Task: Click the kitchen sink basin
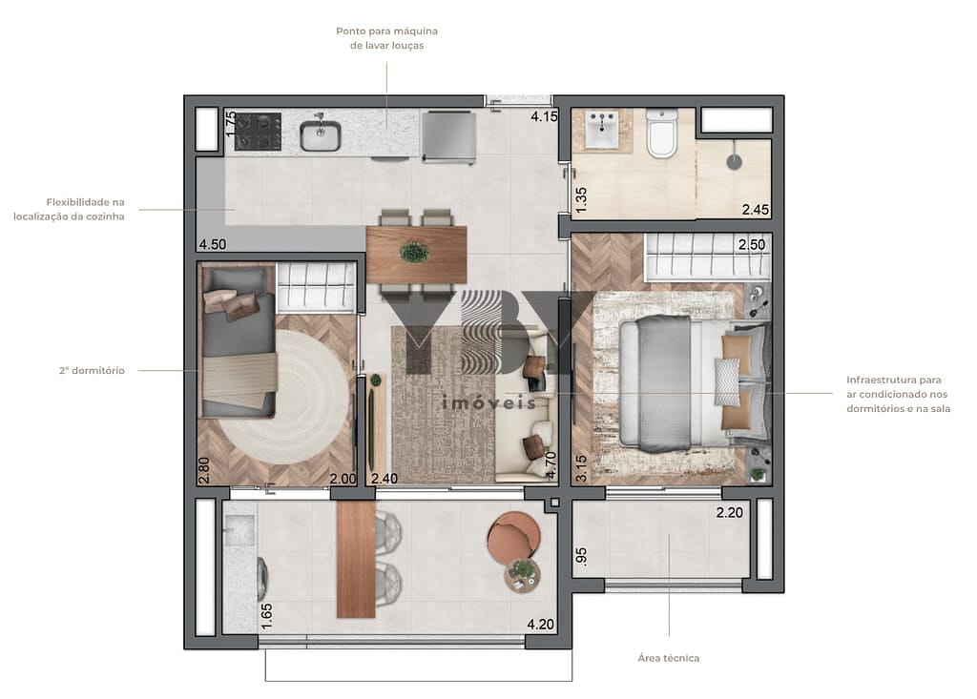pyautogui.click(x=321, y=135)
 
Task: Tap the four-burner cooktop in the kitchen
pyautogui.click(x=258, y=132)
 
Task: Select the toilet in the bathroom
pyautogui.click(x=661, y=134)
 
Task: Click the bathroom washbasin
pyautogui.click(x=602, y=131)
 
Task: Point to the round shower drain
pyautogui.click(x=735, y=162)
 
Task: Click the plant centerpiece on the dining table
pyautogui.click(x=414, y=253)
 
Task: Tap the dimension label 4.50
pyautogui.click(x=213, y=244)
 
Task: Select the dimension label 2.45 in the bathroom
pyautogui.click(x=756, y=210)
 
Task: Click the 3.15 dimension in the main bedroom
pyautogui.click(x=581, y=468)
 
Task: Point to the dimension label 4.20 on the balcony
pyautogui.click(x=540, y=625)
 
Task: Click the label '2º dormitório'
pyautogui.click(x=93, y=371)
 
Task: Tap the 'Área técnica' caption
pyautogui.click(x=669, y=658)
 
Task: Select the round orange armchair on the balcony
pyautogui.click(x=513, y=536)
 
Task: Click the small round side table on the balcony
pyautogui.click(x=522, y=575)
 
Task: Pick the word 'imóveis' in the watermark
pyautogui.click(x=489, y=403)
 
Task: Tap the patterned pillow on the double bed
pyautogui.click(x=726, y=382)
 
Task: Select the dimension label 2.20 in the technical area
pyautogui.click(x=730, y=513)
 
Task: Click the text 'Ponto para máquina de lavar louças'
pyautogui.click(x=387, y=38)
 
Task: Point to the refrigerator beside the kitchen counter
pyautogui.click(x=448, y=137)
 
